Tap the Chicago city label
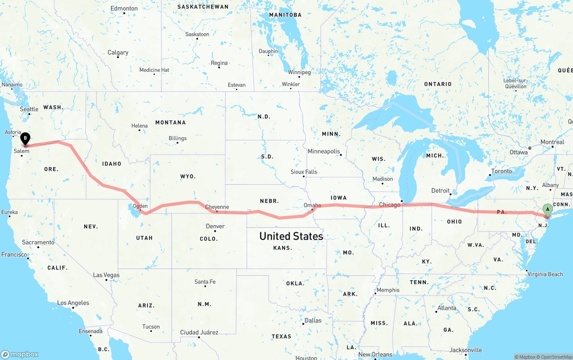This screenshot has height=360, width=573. tap(389, 205)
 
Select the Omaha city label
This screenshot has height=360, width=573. tap(312, 205)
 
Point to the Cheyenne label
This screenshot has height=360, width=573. tap(217, 207)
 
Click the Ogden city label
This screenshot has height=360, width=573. tap(140, 206)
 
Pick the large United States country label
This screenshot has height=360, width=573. tap(291, 236)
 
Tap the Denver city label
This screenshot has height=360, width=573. tap(215, 226)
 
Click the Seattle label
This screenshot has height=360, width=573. tap(29, 109)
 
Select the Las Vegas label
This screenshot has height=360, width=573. tap(106, 275)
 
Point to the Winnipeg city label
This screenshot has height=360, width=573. tap(299, 72)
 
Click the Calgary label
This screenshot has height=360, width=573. tap(118, 52)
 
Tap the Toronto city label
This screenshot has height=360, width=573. tap(501, 171)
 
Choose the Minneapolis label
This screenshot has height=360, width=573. tap(324, 152)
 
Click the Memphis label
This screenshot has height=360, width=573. tap(388, 290)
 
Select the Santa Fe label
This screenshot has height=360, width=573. tap(205, 282)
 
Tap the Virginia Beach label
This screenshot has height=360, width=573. tap(545, 274)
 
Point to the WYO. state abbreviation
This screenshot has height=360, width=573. tap(188, 176)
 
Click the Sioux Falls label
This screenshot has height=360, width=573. tap(304, 172)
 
